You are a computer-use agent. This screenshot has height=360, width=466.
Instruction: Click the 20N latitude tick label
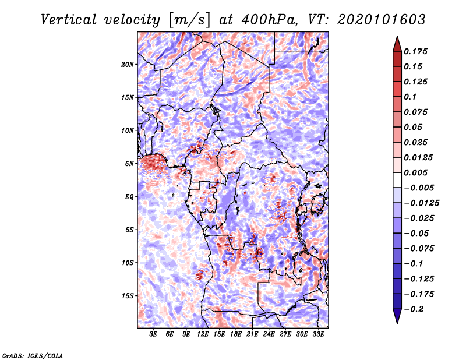click(x=128, y=64)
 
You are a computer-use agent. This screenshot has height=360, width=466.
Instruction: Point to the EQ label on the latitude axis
click(x=129, y=197)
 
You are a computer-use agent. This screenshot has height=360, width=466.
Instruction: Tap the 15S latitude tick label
click(x=128, y=296)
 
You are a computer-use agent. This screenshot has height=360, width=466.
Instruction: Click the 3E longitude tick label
click(x=153, y=334)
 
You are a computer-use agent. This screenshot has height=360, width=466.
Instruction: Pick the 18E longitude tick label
click(x=236, y=334)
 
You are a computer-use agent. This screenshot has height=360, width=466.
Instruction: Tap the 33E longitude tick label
click(x=318, y=334)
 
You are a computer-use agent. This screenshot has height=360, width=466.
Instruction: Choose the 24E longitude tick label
click(x=269, y=334)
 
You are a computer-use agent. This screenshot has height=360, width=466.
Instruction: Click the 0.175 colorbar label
click(x=415, y=51)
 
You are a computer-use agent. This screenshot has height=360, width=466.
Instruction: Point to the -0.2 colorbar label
click(x=414, y=309)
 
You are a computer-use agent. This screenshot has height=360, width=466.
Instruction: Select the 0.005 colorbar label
click(x=415, y=172)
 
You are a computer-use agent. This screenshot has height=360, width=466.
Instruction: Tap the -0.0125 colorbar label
click(x=421, y=203)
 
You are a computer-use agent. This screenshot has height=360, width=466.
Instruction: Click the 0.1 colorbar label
click(x=410, y=97)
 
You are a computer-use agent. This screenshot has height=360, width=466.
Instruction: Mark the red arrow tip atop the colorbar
click(x=397, y=36)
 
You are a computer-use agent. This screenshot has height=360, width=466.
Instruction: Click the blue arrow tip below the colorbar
click(x=397, y=323)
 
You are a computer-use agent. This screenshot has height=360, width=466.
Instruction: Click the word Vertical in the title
click(x=69, y=20)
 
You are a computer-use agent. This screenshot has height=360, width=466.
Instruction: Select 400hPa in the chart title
click(x=269, y=20)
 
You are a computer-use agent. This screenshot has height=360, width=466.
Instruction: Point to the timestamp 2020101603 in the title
click(x=382, y=20)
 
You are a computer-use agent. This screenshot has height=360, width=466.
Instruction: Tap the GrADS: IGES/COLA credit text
click(x=33, y=355)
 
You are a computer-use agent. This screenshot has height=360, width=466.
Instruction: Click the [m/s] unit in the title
click(x=189, y=20)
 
